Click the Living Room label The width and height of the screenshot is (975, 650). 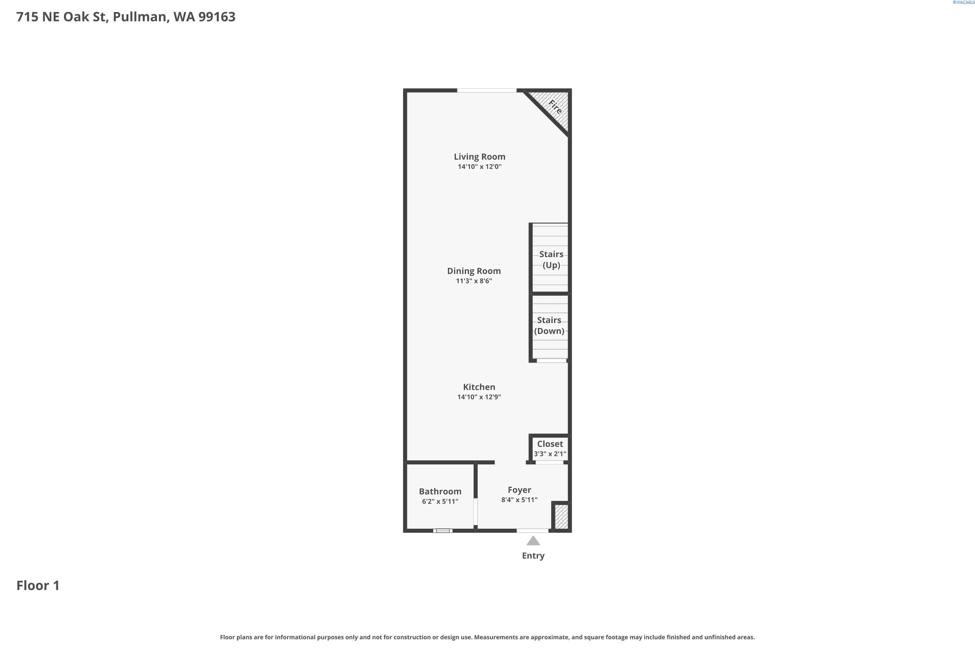click(x=479, y=157)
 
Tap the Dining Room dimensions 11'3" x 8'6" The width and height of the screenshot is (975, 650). click(x=474, y=281)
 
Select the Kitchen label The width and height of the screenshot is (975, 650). click(x=479, y=387)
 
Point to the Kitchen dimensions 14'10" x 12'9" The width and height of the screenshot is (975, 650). click(x=479, y=397)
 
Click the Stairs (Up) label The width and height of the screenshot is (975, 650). click(x=551, y=259)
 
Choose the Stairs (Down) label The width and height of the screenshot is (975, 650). click(x=549, y=325)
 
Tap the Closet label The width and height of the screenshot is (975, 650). click(x=550, y=444)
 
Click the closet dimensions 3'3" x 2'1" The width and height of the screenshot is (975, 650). click(x=550, y=454)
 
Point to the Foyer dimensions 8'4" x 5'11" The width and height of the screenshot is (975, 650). click(x=519, y=500)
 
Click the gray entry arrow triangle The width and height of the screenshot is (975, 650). click(x=533, y=541)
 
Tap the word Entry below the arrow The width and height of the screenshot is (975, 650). click(x=533, y=556)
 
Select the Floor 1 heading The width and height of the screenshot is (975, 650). click(x=38, y=585)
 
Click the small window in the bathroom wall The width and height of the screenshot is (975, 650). click(x=443, y=531)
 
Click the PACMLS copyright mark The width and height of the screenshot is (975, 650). click(x=963, y=3)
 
